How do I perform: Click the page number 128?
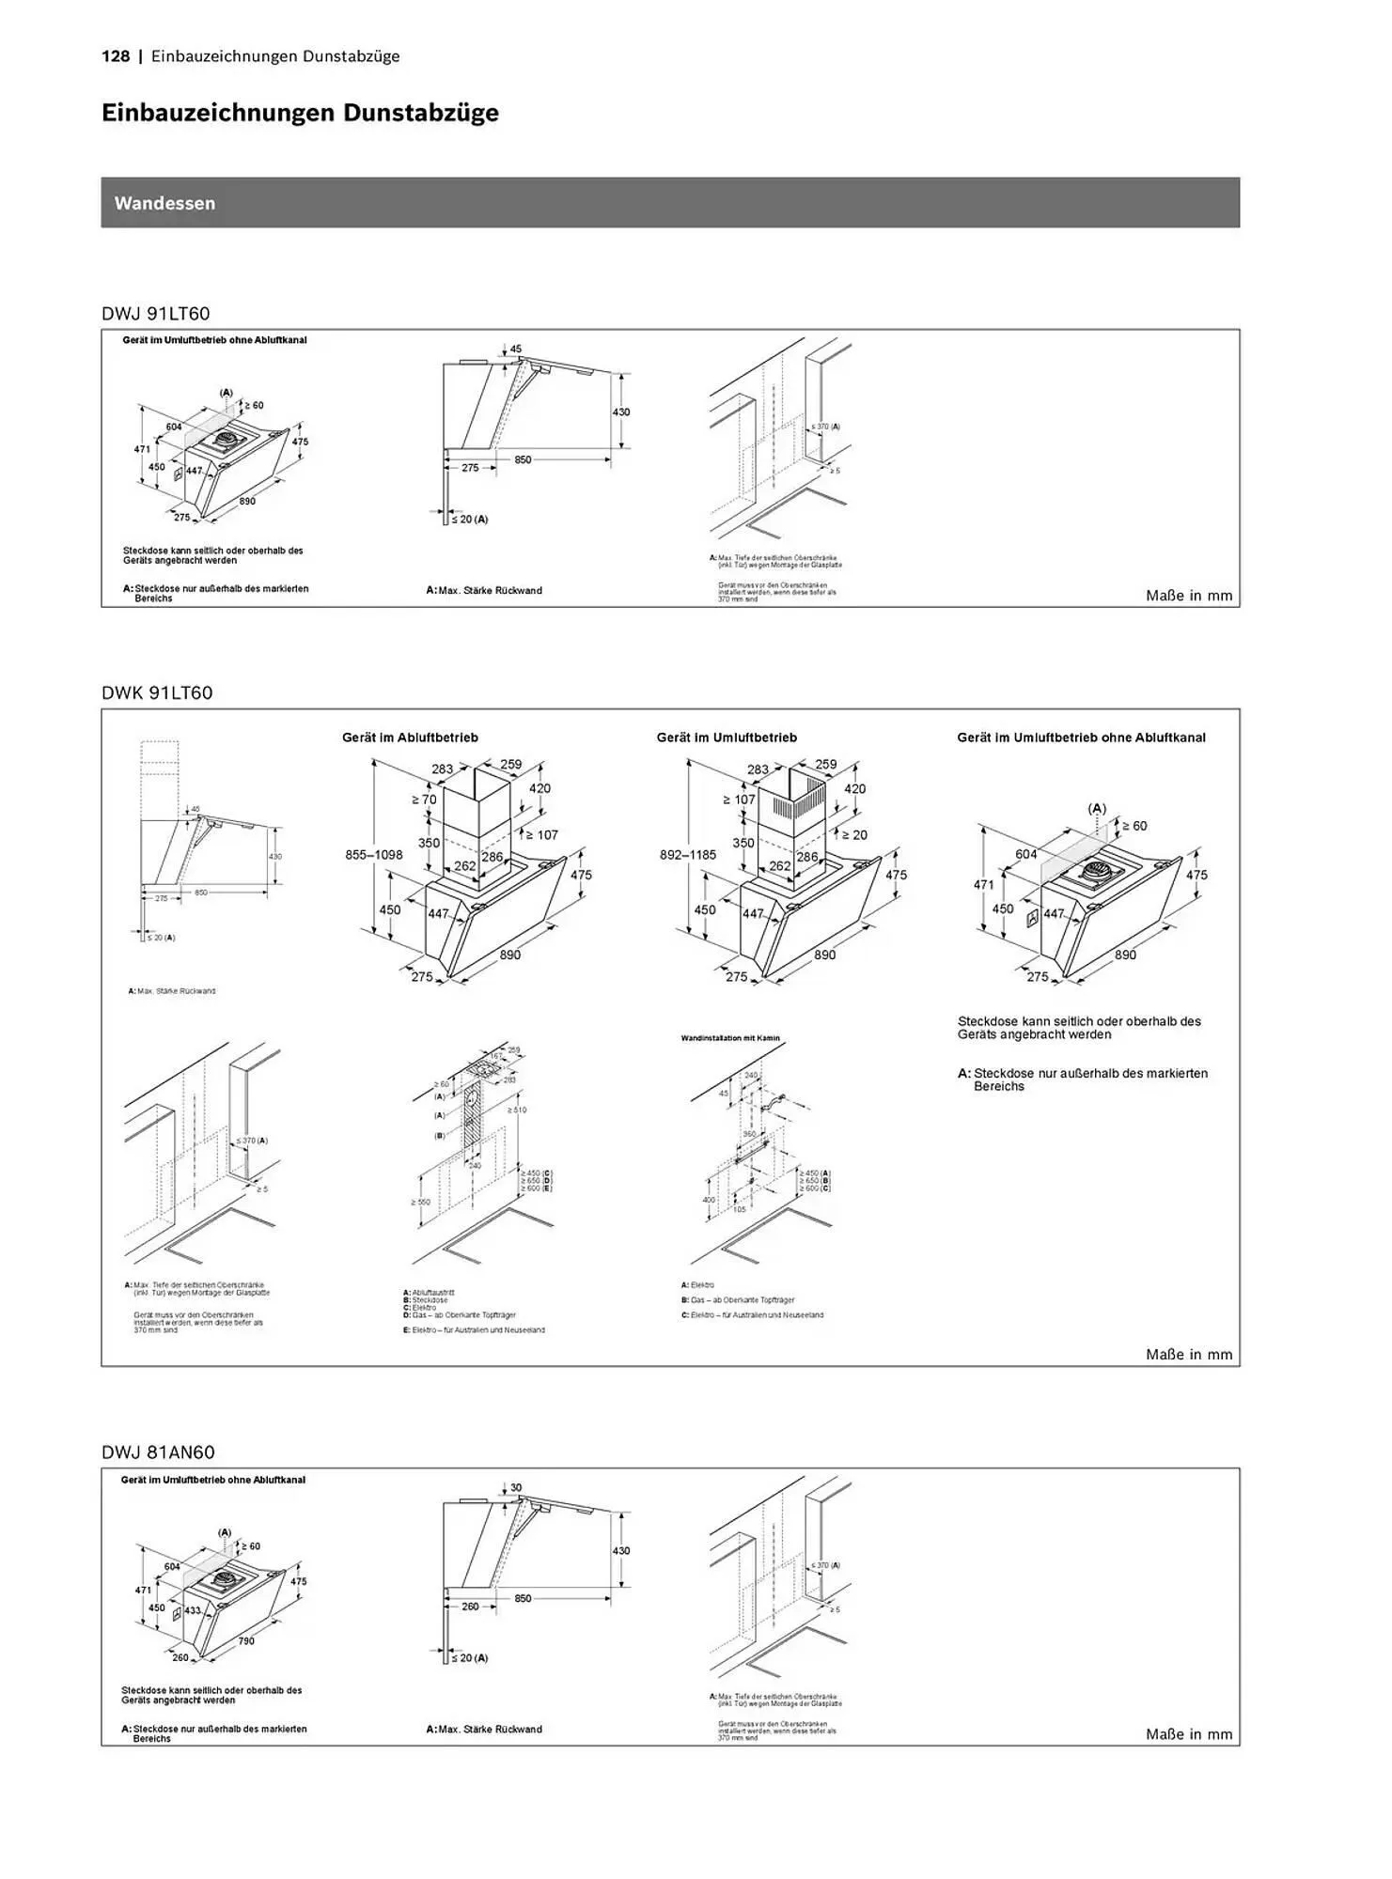[116, 56]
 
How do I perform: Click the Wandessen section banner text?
[164, 203]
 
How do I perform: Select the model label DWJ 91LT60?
[156, 313]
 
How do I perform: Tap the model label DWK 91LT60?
[157, 692]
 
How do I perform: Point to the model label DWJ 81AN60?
[158, 1452]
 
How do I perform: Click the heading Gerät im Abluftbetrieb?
[410, 738]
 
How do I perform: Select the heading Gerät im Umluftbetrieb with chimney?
[727, 738]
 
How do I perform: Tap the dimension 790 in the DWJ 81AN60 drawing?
[245, 1641]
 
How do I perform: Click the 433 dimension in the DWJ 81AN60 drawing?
[194, 1610]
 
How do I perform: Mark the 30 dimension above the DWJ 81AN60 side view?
[516, 1488]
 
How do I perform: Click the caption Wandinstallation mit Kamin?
[730, 1038]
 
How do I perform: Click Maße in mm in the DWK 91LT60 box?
[1188, 1355]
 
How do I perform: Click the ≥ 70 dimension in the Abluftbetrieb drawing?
[423, 800]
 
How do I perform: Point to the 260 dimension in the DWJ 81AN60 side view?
[470, 1607]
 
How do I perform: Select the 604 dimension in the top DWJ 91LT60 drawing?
[174, 427]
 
